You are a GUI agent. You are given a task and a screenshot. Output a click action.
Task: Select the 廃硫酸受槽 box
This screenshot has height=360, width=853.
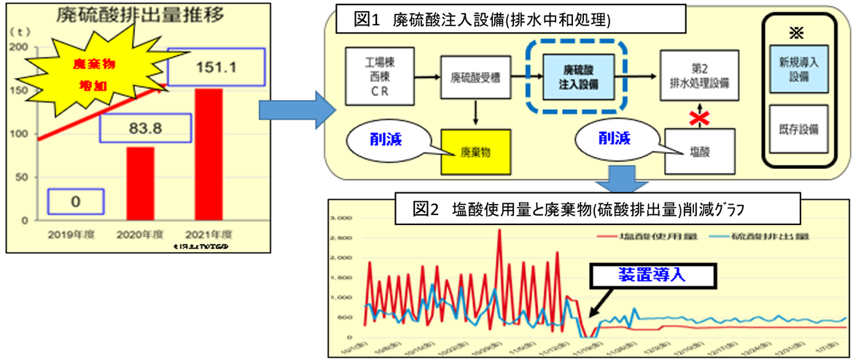tap(475, 74)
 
